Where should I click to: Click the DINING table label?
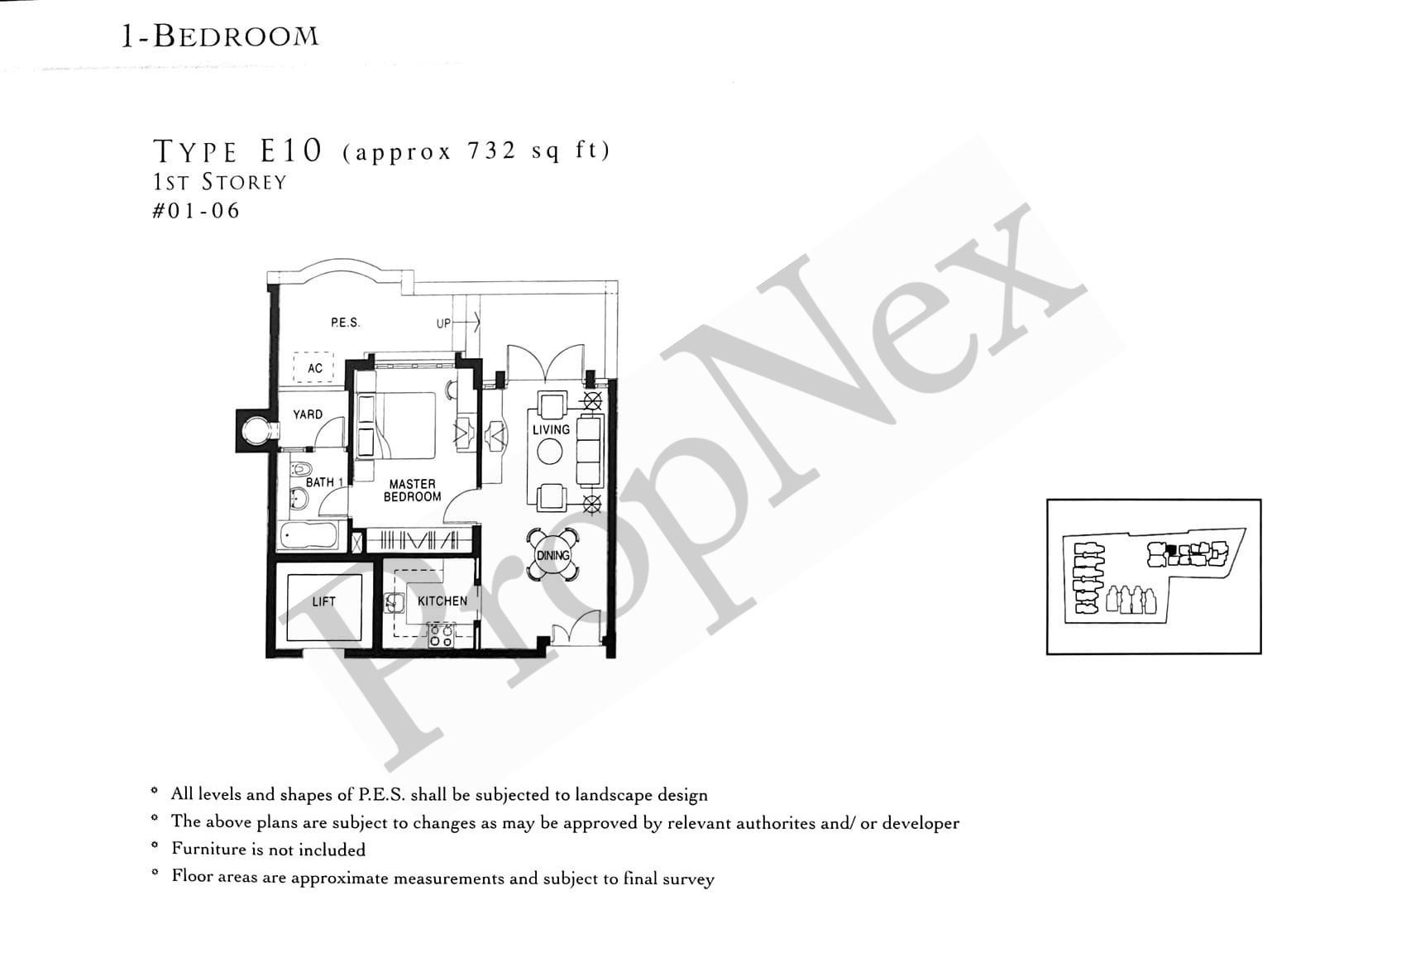pos(552,555)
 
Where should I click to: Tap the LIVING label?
pos(551,429)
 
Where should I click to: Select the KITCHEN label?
pos(442,601)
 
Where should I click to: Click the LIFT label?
pos(323,601)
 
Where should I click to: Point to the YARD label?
pos(308,414)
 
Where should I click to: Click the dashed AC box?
pos(314,367)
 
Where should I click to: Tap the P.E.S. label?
pos(345,323)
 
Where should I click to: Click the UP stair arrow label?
pos(444,323)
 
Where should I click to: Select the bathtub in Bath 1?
pos(308,536)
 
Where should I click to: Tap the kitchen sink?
pos(395,602)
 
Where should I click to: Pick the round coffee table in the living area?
pos(550,452)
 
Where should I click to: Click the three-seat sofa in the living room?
pos(589,451)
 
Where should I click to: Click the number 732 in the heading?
pos(491,151)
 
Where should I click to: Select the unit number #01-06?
pos(196,211)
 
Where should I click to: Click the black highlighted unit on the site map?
pos(1169,549)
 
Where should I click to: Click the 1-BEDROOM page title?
pos(220,36)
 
